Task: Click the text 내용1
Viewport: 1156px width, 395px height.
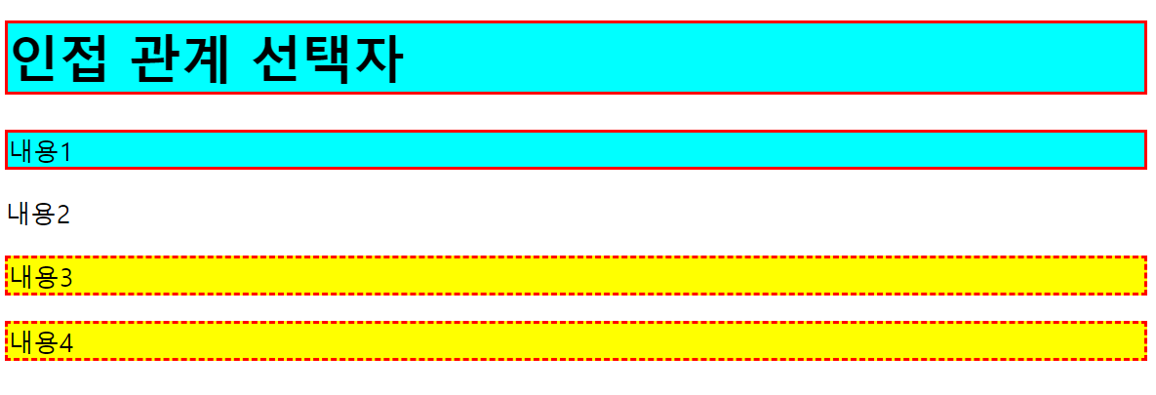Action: (40, 151)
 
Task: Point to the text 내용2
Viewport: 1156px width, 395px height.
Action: (40, 215)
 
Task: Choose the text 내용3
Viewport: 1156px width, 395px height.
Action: (40, 277)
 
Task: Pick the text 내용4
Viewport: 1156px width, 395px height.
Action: (40, 342)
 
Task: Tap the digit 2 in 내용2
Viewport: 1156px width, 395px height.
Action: (64, 216)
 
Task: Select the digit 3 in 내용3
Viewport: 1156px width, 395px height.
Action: (65, 278)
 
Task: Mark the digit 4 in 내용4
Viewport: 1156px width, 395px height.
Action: (65, 343)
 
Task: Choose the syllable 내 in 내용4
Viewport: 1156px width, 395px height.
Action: (21, 342)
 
